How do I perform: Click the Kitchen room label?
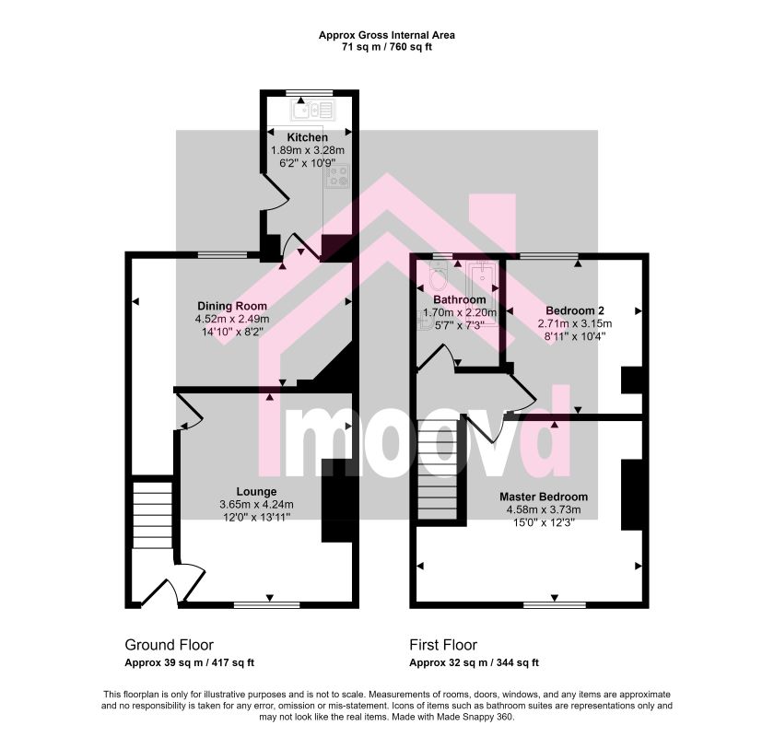(307, 137)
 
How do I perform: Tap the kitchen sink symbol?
(313, 110)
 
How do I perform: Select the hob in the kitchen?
(337, 176)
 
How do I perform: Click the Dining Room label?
(232, 306)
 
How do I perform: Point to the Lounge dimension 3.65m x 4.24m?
(257, 505)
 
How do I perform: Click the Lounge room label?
(257, 492)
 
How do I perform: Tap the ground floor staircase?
(152, 515)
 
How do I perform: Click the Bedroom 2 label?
(575, 310)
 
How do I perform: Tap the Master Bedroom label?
(544, 497)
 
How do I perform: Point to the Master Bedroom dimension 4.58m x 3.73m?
(544, 509)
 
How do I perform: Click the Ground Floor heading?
(170, 645)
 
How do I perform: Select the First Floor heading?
(443, 645)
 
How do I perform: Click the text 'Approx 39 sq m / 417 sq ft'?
(189, 663)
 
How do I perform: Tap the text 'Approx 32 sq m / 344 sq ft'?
(474, 663)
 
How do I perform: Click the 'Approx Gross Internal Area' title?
(386, 35)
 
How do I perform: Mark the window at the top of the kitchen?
(310, 93)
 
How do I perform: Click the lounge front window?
(266, 604)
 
